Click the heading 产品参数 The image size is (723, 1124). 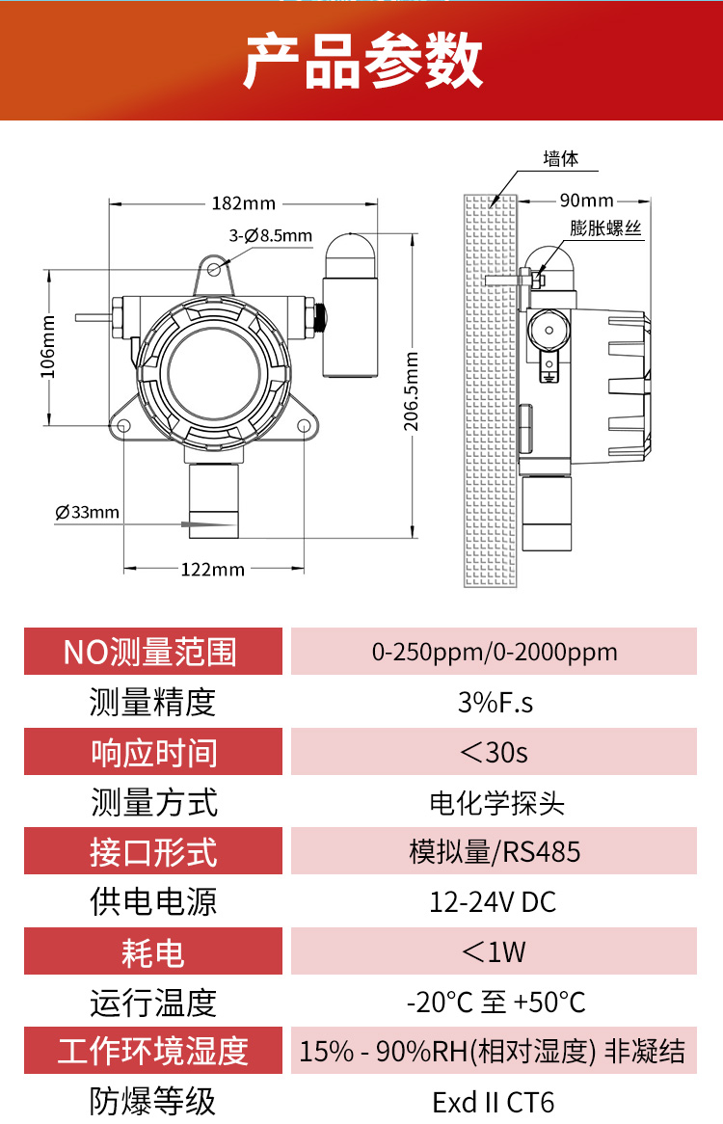[361, 61]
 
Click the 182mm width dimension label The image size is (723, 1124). [244, 203]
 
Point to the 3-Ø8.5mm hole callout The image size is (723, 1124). [270, 236]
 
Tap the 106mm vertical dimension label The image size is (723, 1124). [47, 347]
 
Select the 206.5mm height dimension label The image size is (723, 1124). [411, 391]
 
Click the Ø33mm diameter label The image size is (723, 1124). [88, 513]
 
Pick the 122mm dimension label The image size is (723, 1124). [213, 570]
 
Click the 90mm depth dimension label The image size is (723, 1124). [586, 201]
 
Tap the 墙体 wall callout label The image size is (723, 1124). [560, 158]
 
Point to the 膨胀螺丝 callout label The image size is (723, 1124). [605, 228]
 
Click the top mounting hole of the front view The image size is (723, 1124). [215, 269]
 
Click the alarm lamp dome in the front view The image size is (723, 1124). [350, 255]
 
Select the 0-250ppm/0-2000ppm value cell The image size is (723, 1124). [495, 652]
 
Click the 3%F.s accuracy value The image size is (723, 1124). [495, 703]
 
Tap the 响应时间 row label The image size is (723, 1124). [153, 752]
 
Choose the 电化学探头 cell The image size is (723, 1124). [495, 803]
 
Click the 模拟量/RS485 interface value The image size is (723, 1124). [495, 851]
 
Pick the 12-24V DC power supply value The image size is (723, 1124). [493, 901]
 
